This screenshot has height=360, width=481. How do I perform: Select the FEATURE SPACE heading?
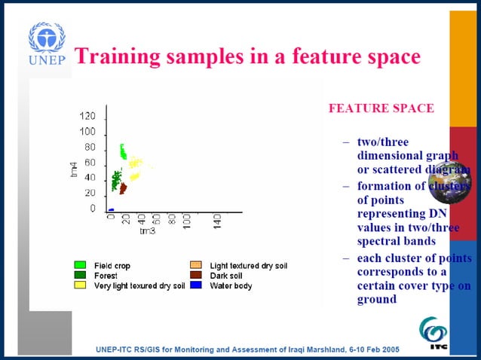click(381, 108)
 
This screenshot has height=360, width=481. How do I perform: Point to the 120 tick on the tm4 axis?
click(87, 117)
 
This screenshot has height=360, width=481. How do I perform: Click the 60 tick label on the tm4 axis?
click(90, 163)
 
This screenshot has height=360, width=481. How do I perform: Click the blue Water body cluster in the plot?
click(111, 209)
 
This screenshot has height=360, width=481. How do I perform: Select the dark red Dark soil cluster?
click(122, 188)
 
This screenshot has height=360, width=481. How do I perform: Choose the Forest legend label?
click(106, 276)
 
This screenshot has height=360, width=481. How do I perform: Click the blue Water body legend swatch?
click(195, 285)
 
